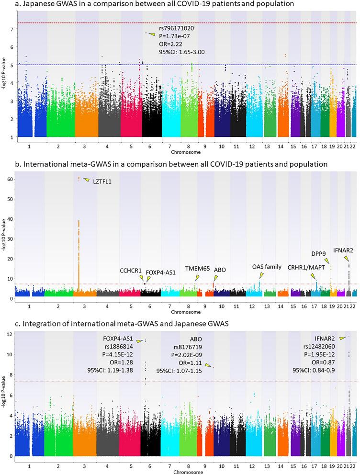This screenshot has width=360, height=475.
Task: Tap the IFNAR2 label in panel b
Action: [343, 250]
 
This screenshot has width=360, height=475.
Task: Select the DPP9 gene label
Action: [319, 254]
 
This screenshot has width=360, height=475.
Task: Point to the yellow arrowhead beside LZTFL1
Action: [86, 180]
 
